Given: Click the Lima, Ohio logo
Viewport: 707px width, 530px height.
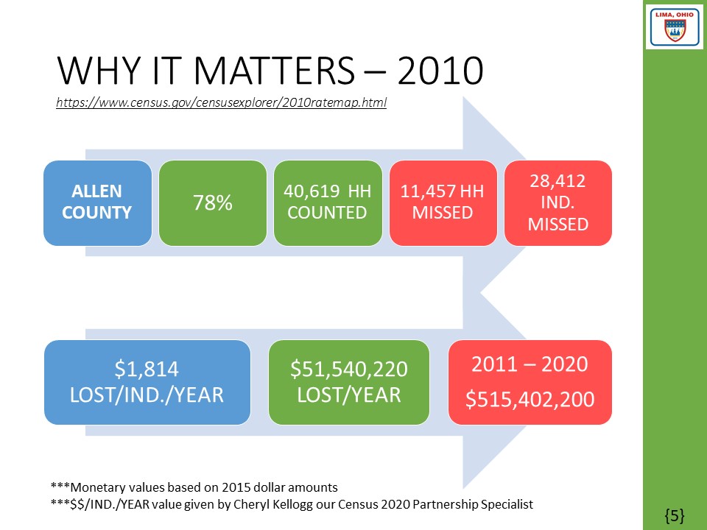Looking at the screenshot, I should pos(674,27).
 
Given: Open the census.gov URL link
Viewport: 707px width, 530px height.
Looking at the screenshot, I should pos(221,103).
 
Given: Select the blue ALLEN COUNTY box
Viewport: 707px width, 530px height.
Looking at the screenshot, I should pos(97,202).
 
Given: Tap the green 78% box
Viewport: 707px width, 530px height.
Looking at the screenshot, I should pos(213,202).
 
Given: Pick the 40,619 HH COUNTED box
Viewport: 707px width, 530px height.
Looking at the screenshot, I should pos(328,202).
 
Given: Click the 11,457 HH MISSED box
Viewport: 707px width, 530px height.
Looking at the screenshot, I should pos(443,202).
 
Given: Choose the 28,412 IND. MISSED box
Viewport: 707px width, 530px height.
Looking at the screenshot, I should pos(557,202).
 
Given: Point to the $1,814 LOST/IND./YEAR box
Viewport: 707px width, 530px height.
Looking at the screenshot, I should pos(147,382).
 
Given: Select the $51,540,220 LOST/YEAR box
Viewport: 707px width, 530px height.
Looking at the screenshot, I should pos(348,382).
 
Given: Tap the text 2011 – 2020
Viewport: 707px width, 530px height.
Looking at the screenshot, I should pos(530,365).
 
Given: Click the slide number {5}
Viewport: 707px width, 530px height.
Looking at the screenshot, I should pos(675,516).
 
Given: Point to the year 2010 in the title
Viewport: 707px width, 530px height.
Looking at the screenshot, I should pos(441,72).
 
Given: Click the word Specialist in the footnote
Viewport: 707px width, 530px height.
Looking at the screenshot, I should pos(506,504).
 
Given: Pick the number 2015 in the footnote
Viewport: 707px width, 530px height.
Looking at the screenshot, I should pos(243,487).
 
